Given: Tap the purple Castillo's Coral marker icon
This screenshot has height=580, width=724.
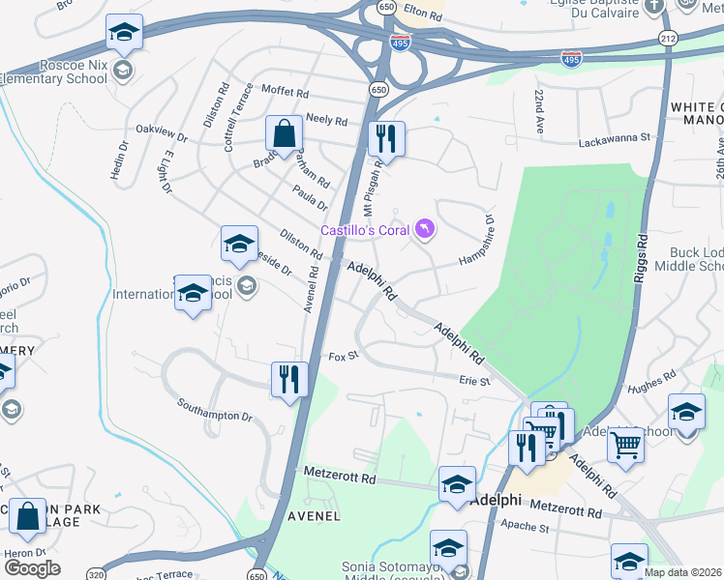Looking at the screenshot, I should point(425,229).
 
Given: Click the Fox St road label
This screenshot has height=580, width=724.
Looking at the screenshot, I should point(344,356).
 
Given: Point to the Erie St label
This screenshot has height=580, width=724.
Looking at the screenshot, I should point(474,381).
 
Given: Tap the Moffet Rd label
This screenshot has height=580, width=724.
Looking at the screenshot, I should point(284,95).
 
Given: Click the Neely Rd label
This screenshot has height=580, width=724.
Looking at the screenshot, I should point(326,121).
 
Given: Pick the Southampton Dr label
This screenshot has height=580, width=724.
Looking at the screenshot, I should point(214,409).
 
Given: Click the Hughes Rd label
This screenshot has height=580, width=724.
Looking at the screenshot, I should point(651,382).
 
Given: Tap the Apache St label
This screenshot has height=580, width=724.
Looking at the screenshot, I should point(525,528).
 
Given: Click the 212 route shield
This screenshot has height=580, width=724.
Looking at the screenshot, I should point(668,38).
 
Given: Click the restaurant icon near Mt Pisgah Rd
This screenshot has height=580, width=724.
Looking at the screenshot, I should point(385,138).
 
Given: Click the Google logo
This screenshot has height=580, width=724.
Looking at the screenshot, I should point(33,567).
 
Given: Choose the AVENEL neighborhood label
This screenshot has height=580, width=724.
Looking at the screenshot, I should point(313,515).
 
